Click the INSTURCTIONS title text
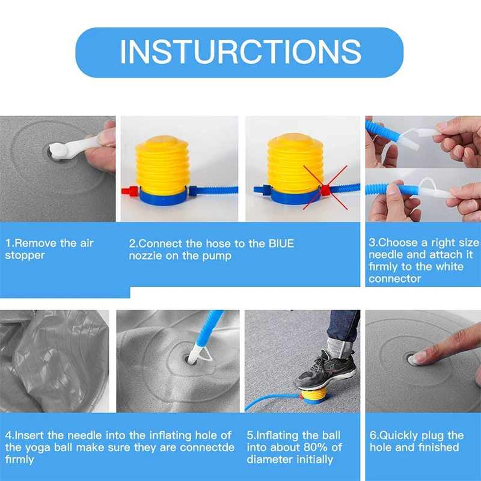point(240,52)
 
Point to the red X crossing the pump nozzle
point(325,188)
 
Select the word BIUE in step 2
point(281,244)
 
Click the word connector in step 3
point(394,278)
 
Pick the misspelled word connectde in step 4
point(207,447)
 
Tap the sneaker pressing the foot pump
point(324,371)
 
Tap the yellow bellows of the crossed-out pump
point(295,163)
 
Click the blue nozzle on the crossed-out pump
point(262,189)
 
